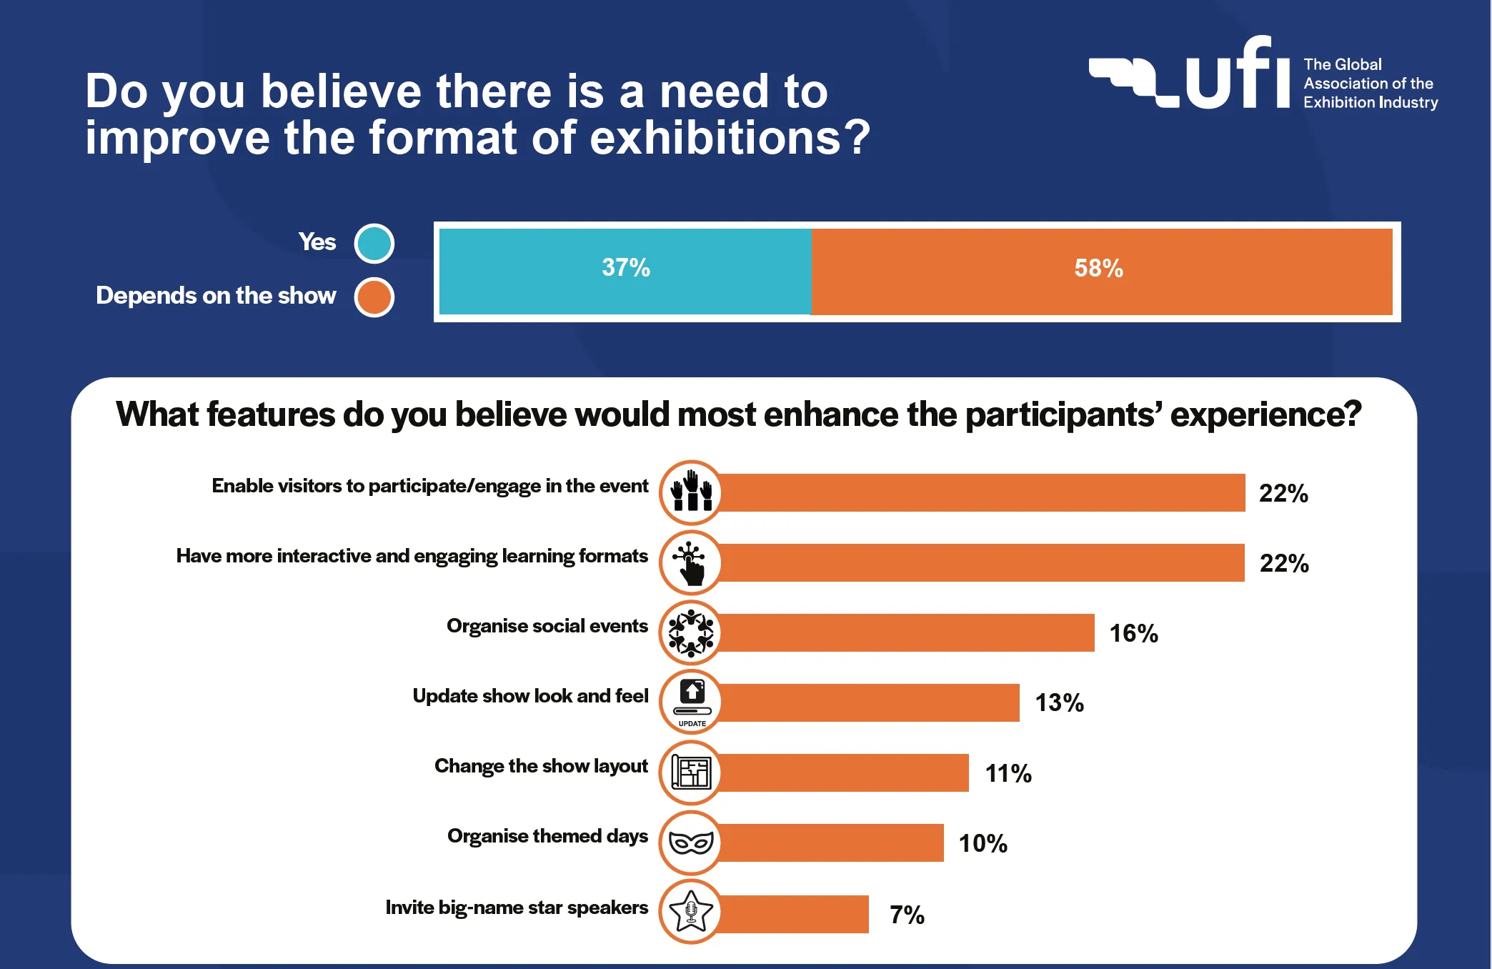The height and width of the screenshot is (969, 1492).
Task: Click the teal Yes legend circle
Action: (374, 243)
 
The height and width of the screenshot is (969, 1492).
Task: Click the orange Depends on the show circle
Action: (374, 297)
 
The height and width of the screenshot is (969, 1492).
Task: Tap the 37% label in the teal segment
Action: (626, 268)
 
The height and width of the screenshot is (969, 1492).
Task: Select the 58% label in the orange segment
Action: (1098, 269)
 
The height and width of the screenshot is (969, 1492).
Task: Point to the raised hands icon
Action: (691, 492)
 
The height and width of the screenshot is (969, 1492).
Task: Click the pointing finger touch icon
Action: (691, 562)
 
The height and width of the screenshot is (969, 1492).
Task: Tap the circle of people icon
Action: (691, 632)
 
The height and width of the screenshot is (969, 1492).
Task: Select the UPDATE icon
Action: (691, 702)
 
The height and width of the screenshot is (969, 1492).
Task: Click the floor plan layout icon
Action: (691, 772)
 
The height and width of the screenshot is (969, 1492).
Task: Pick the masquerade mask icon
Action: (691, 843)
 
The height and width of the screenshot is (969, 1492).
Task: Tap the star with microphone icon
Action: (691, 912)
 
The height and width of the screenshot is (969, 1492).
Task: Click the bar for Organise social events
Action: (906, 632)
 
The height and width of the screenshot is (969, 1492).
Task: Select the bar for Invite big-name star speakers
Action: (793, 914)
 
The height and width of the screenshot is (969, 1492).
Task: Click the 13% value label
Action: (1059, 703)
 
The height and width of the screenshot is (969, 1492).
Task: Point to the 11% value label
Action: (1008, 773)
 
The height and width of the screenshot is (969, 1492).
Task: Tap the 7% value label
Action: (907, 915)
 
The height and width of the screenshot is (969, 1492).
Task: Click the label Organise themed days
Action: (547, 836)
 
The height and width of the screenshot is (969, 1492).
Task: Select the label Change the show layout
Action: (541, 766)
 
